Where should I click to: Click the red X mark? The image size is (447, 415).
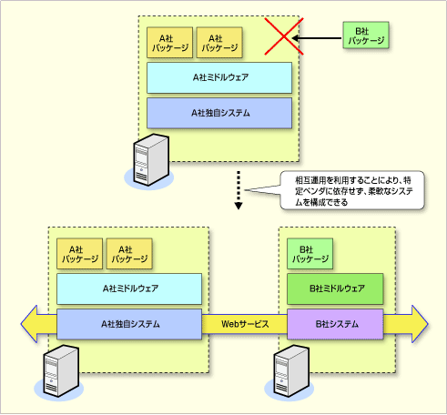pos(284,36)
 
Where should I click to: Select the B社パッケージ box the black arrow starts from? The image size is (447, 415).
pos(366,35)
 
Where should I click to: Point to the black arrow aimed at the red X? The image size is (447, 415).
pos(317,38)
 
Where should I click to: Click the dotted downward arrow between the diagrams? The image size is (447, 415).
pos(239,190)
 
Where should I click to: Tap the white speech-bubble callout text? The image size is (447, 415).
pos(354,191)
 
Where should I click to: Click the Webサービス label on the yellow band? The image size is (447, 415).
pos(245,324)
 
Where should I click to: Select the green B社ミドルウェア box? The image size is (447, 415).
pos(335,288)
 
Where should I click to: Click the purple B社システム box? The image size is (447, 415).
pos(335,324)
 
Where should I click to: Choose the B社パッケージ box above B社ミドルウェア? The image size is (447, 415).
pos(310,254)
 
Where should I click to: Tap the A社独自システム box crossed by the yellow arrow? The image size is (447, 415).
pos(129,324)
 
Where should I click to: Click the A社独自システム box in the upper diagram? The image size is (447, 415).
pos(219,113)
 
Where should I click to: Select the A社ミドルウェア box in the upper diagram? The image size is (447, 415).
pos(219,77)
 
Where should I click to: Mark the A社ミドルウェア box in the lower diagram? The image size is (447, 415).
pos(129,288)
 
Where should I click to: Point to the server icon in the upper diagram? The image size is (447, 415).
pos(149,161)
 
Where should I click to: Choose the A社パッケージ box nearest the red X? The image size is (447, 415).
pos(219,43)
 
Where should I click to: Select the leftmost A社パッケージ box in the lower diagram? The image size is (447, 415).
pos(79,254)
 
